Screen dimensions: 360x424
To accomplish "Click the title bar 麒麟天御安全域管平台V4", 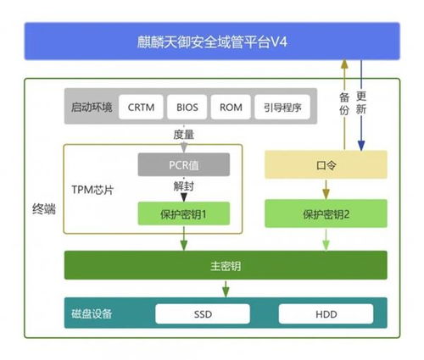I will (212, 41).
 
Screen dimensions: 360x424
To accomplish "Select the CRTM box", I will (142, 108).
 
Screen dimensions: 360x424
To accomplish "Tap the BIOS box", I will (187, 108).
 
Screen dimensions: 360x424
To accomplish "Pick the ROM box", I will (231, 108).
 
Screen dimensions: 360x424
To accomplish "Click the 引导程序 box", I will (282, 108).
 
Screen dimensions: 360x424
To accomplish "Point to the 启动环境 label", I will (92, 108).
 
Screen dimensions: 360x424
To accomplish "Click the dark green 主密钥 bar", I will (226, 266).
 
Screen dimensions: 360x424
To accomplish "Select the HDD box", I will (326, 314).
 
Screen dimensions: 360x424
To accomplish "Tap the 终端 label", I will (42, 206).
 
